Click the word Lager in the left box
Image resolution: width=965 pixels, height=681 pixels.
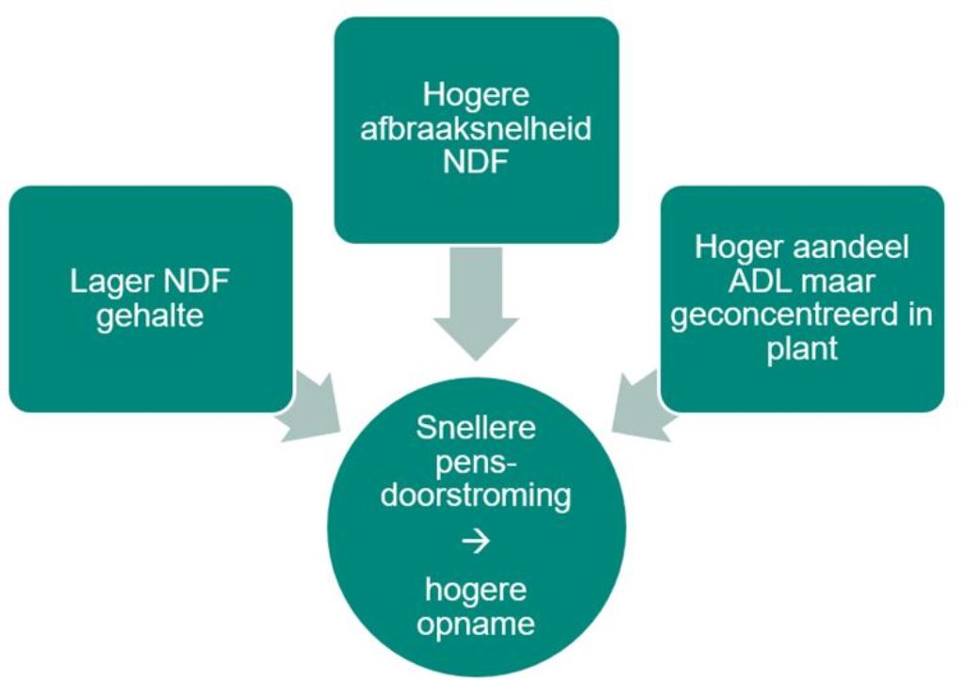click(111, 284)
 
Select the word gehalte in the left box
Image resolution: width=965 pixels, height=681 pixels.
click(150, 317)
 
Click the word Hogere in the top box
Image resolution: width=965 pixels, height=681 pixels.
click(476, 95)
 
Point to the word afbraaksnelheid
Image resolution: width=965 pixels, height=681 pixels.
click(476, 129)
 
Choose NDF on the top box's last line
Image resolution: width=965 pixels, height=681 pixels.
click(476, 162)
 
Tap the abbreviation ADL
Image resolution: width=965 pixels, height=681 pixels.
click(759, 281)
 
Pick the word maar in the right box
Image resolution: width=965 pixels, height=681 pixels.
click(838, 283)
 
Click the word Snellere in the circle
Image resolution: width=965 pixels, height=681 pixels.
click(476, 428)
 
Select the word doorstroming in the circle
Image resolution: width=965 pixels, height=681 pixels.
click(476, 495)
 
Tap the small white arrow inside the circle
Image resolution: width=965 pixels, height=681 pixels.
click(476, 542)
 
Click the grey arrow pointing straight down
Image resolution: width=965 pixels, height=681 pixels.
click(476, 302)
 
